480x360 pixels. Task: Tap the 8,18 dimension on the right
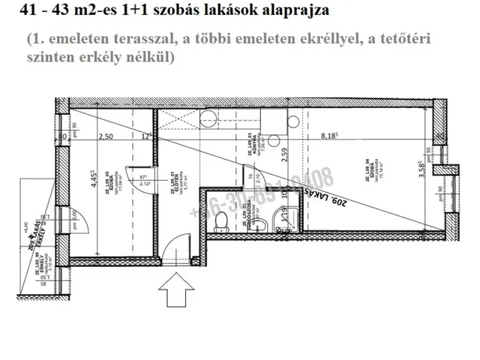point(331,136)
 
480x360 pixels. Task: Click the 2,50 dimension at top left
point(106,136)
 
